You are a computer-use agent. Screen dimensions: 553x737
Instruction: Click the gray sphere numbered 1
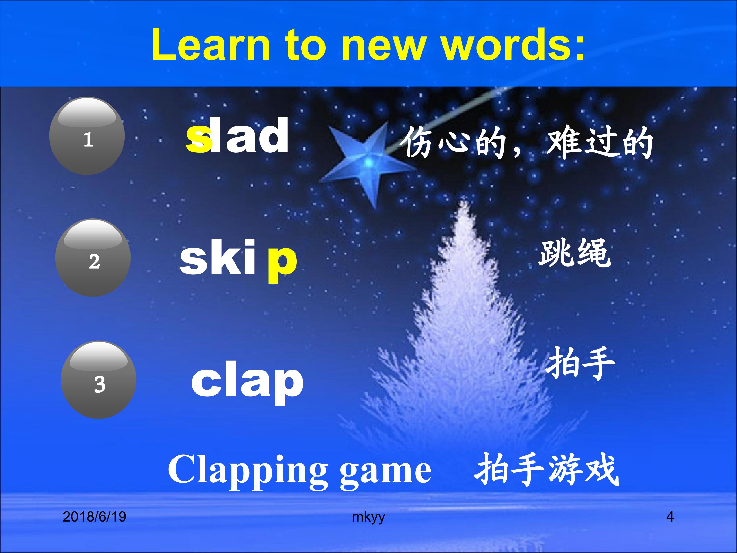coord(87,136)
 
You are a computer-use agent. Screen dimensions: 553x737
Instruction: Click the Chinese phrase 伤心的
coord(453,143)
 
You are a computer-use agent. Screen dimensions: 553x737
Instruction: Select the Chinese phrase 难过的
coord(600,143)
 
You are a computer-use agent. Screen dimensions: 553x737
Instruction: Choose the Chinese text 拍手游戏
coord(546,470)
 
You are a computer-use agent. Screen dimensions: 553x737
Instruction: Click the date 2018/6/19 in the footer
coord(94,517)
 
